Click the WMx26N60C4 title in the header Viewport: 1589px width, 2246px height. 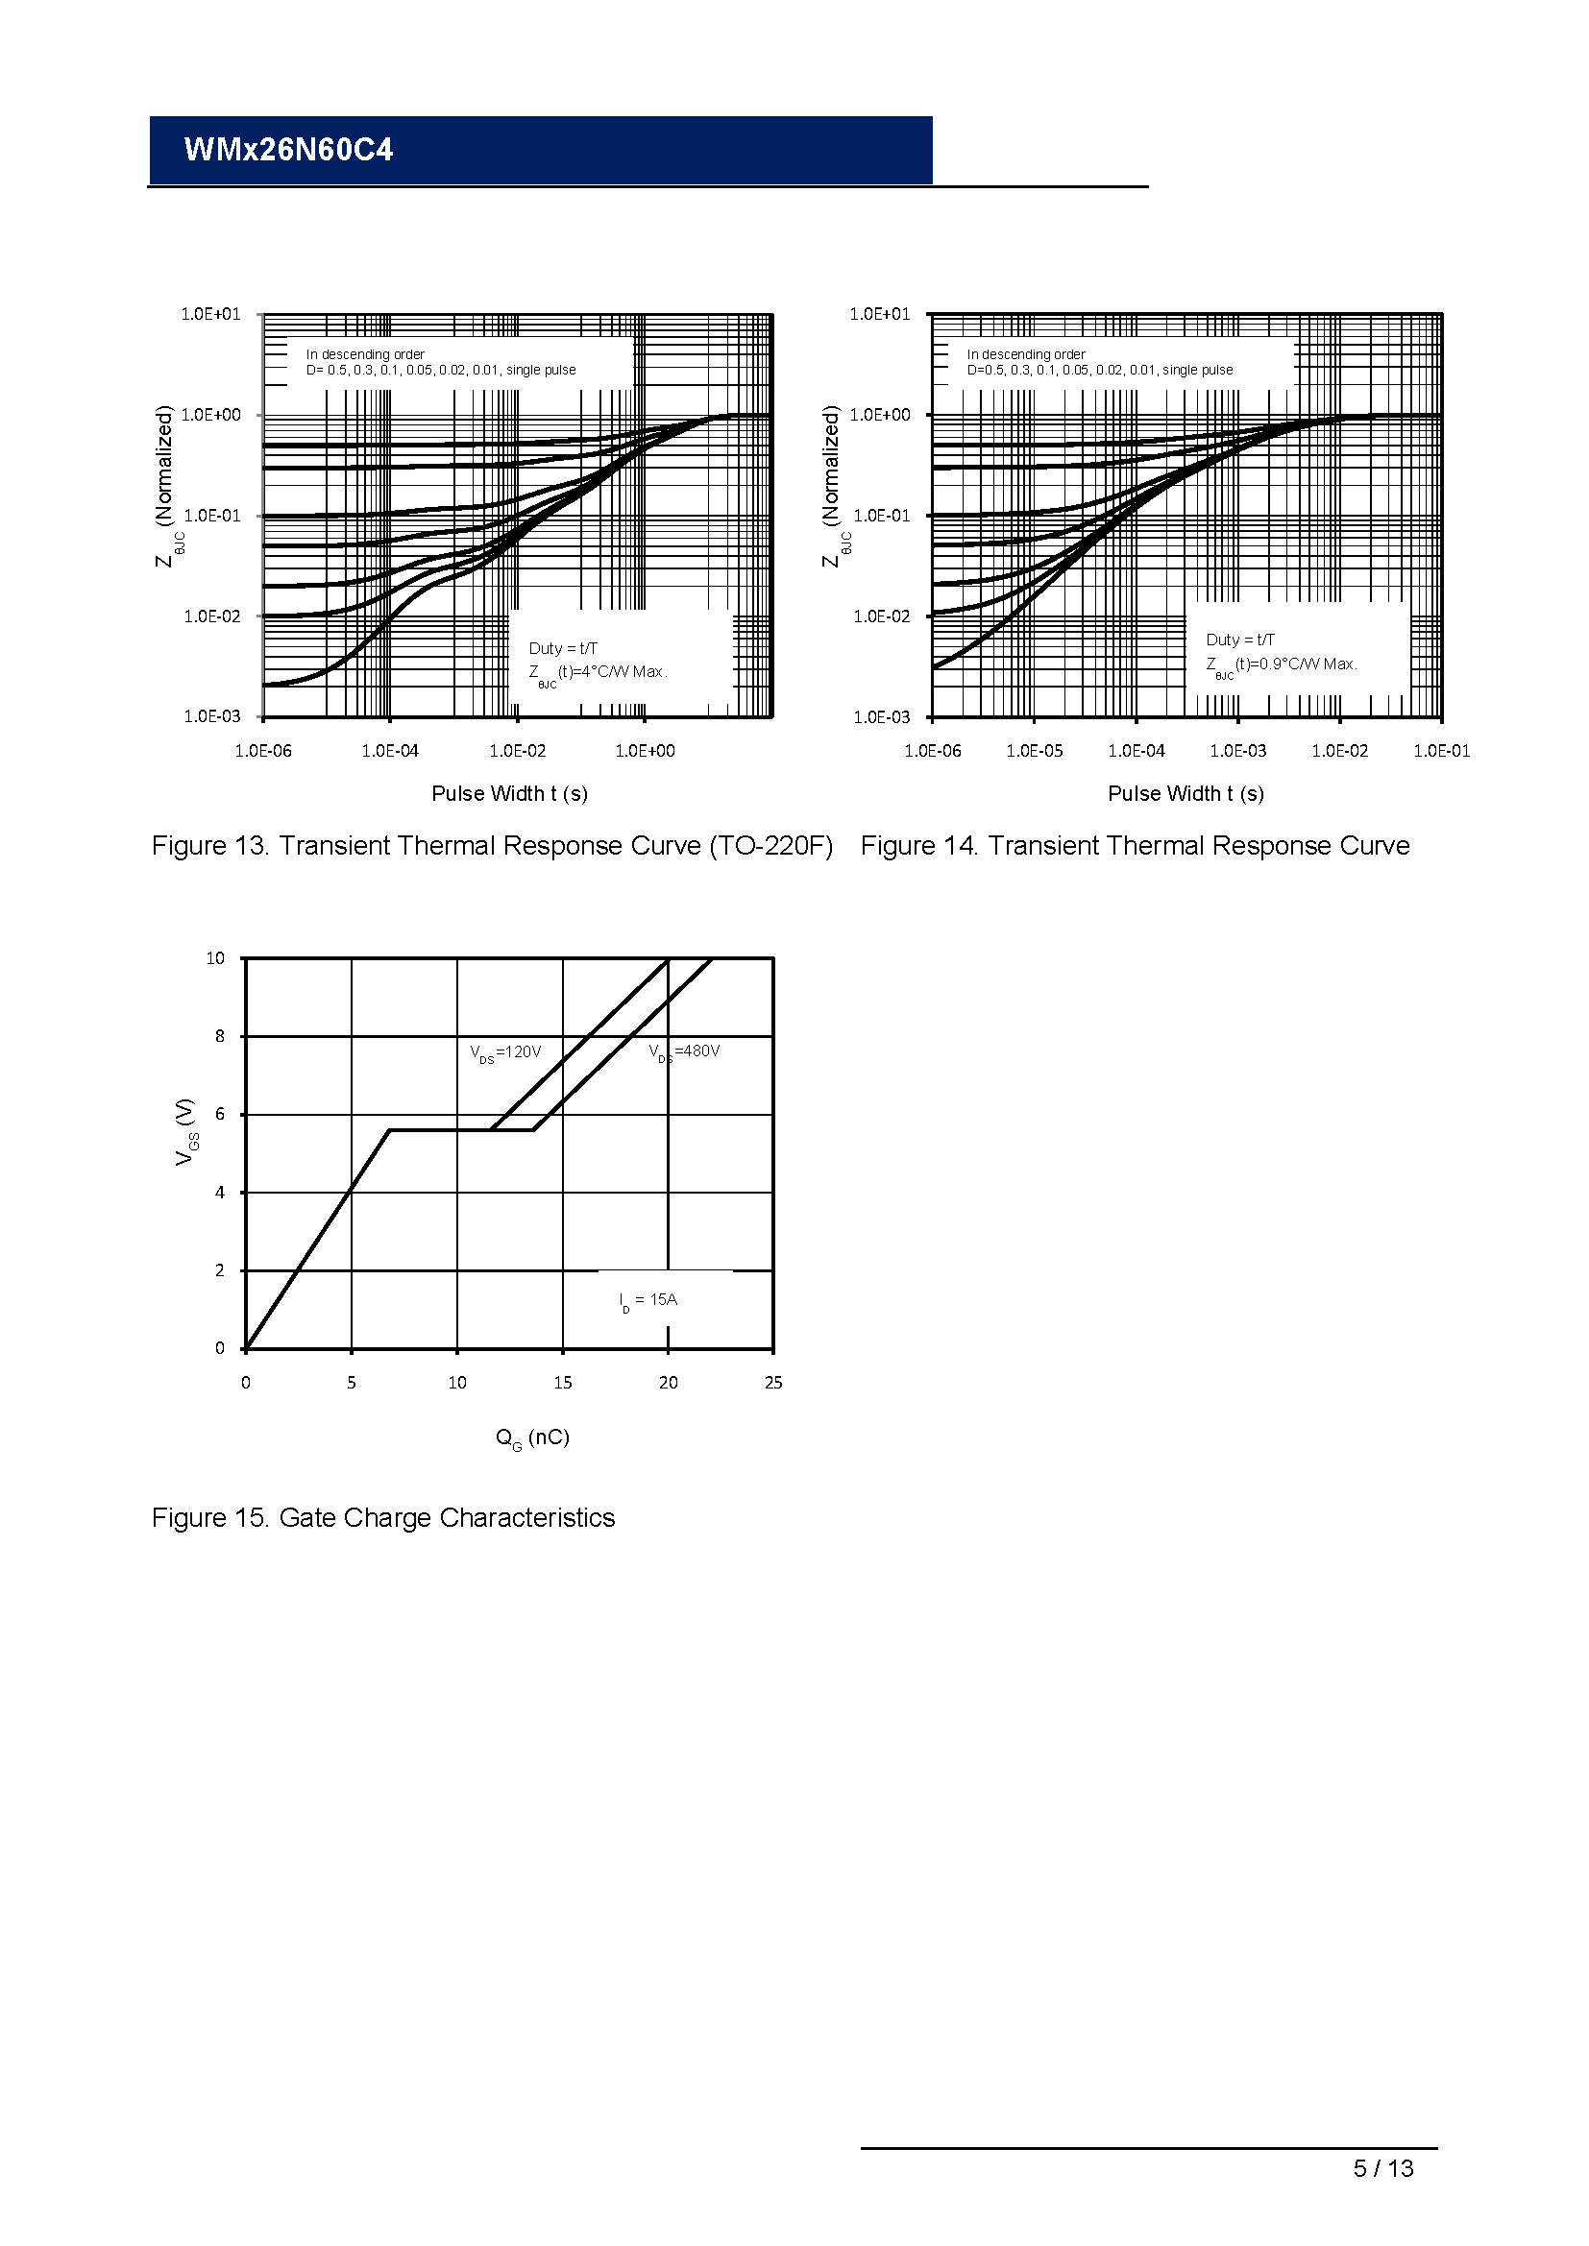287,150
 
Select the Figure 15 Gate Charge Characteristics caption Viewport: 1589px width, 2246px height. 382,1517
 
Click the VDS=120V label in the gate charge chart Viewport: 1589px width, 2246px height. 505,1052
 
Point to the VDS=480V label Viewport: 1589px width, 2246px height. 684,1051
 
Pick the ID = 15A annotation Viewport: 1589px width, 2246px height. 648,1300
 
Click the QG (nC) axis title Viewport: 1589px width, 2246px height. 532,1437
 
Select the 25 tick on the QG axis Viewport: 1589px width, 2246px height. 773,1382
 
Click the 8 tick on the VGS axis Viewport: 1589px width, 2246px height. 220,1036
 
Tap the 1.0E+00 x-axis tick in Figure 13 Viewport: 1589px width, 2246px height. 645,750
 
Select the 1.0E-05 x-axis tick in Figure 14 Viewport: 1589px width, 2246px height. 1035,750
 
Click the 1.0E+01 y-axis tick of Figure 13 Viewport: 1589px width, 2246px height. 210,314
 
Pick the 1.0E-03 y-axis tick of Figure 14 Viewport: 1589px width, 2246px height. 881,717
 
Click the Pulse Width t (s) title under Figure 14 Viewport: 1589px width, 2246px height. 1185,793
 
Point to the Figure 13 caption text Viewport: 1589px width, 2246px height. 492,845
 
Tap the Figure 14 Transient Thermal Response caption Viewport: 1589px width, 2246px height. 1135,845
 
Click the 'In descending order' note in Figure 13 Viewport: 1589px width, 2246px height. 365,354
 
